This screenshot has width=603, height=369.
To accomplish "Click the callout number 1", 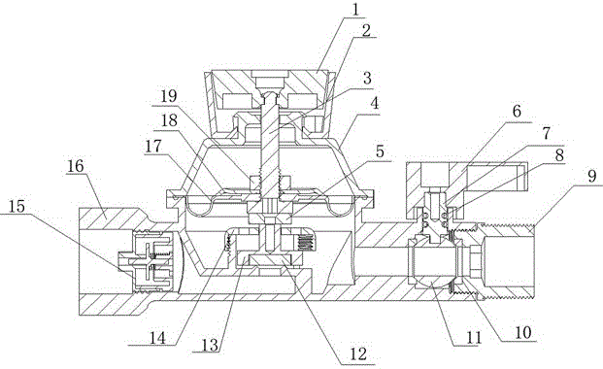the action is (356, 10).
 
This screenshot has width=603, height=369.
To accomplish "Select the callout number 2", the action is (366, 30).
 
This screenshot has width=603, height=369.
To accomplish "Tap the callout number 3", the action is (367, 78).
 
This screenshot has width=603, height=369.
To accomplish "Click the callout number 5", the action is (380, 151).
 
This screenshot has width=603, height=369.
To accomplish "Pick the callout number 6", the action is (517, 112).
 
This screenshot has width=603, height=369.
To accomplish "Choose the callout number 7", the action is (546, 133).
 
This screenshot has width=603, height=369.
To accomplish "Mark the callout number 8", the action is (559, 155).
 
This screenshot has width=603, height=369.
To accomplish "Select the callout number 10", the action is (522, 332).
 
